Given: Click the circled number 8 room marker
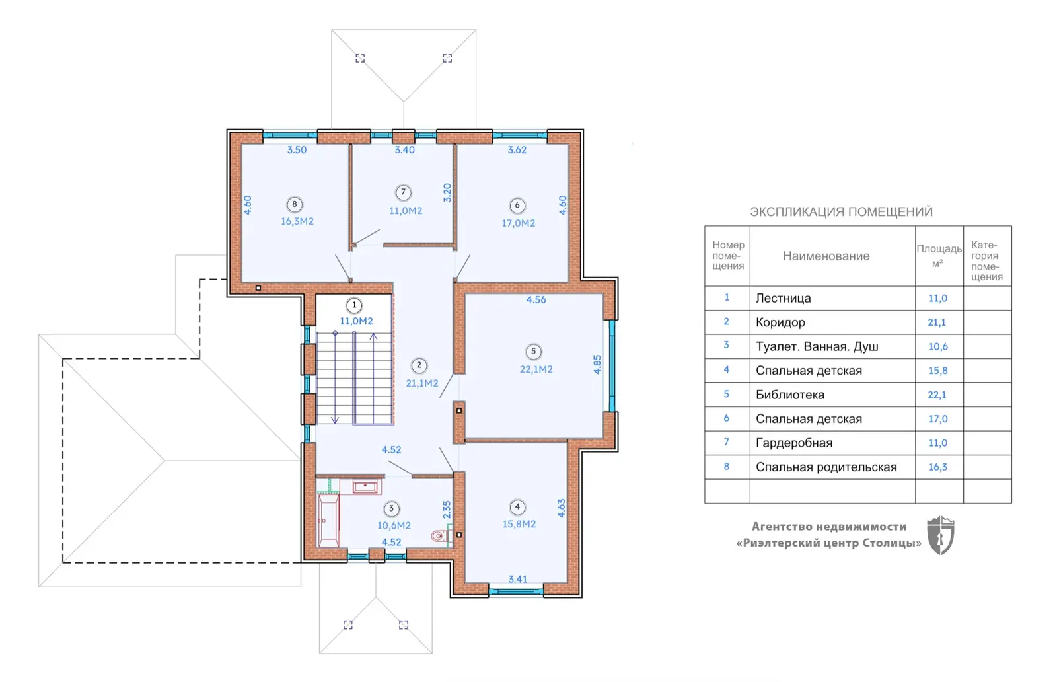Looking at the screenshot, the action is pos(295,204).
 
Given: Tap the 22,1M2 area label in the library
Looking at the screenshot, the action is pos(536,369).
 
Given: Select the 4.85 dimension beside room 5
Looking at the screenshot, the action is pos(597,364).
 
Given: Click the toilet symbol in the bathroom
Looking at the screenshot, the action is pos(441,535).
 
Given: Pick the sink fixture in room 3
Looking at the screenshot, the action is pos(365,486).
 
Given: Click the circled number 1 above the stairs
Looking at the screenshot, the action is pos(354,305).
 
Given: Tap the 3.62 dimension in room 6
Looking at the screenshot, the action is pos(517,150).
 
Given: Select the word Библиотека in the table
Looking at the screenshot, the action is pos(790,395).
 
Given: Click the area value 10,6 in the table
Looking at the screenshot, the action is pos(938,346).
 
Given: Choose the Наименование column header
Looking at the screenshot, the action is pos(826,256).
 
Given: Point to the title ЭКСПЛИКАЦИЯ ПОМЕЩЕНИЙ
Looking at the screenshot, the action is pos(842,212).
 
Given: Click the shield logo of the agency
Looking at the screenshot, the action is pos(941,535).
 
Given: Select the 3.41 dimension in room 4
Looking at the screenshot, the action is pos(518,579).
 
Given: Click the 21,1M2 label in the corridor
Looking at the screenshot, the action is pos(422,384).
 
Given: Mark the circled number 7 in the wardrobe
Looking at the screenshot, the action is pos(403,192).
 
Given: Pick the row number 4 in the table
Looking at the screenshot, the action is pos(727,370).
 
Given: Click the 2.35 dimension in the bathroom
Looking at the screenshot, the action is pos(447,510).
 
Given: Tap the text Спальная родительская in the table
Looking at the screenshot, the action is pos(826,467).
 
